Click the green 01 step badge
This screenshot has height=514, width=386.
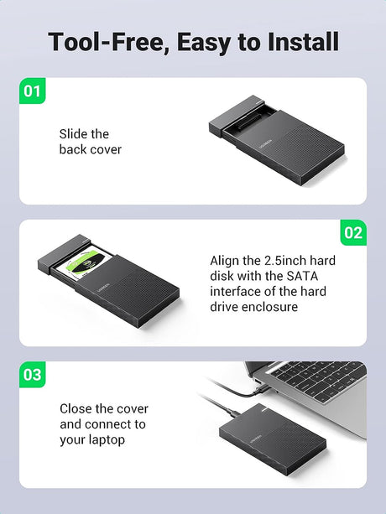32,92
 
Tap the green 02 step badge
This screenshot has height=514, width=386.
353,232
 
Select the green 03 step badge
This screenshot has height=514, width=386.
32,374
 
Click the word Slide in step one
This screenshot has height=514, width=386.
73,133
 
